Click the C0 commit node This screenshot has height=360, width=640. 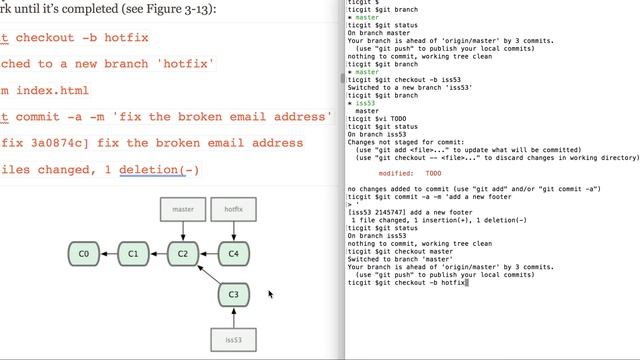pyautogui.click(x=83, y=254)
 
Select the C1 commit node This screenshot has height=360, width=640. pyautogui.click(x=133, y=254)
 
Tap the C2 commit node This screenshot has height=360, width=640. pyautogui.click(x=183, y=254)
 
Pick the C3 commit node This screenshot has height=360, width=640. pyautogui.click(x=233, y=295)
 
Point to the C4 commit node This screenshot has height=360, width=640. pyautogui.click(x=233, y=254)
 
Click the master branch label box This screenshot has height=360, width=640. pyautogui.click(x=183, y=210)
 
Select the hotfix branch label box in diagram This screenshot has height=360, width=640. pyautogui.click(x=233, y=210)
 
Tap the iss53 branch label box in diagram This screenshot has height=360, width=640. pyautogui.click(x=233, y=339)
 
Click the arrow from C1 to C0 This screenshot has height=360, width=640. pyautogui.click(x=108, y=254)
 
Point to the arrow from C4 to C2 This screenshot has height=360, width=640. pyautogui.click(x=208, y=254)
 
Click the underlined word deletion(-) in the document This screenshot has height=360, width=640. pyautogui.click(x=159, y=169)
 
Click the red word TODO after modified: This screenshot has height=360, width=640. pyautogui.click(x=433, y=173)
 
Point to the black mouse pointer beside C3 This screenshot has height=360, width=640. pyautogui.click(x=270, y=294)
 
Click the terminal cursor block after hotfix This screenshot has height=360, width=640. pyautogui.click(x=468, y=283)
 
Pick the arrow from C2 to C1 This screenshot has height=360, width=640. pyautogui.click(x=158, y=254)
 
